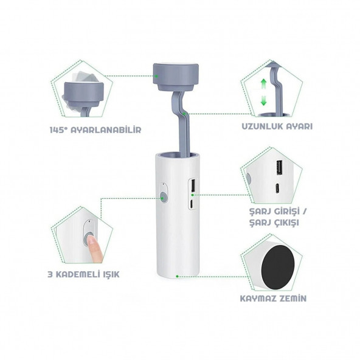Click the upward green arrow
click(x=263, y=85)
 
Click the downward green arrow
click(x=263, y=100)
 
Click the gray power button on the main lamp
click(x=163, y=197)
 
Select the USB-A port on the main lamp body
click(x=193, y=185)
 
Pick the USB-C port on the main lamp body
click(x=192, y=204)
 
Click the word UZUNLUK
click(x=260, y=126)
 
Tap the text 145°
click(x=58, y=130)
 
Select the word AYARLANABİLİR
click(x=106, y=130)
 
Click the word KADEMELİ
click(x=77, y=274)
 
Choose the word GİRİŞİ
click(x=287, y=212)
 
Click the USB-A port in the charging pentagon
click(x=279, y=168)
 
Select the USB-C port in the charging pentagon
click(x=277, y=189)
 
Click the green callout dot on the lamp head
click(x=156, y=76)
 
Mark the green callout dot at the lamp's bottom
click(x=177, y=277)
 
